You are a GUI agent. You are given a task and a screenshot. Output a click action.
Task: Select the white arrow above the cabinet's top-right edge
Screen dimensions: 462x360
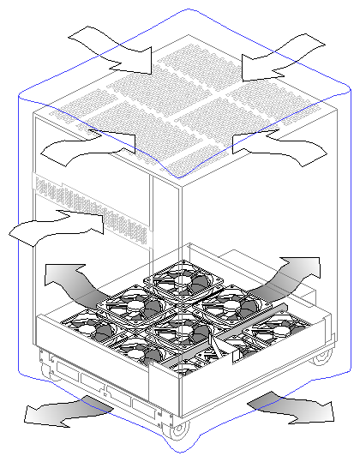tap(274, 53)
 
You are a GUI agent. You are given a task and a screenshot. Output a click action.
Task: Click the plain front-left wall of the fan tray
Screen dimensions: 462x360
tap(94, 369)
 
